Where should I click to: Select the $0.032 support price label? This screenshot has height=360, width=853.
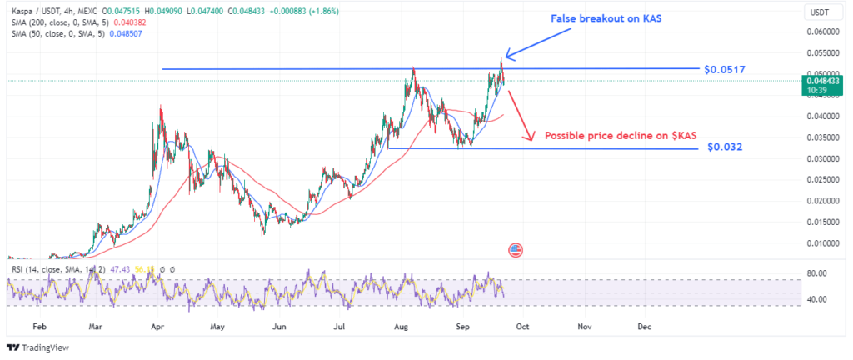pyautogui.click(x=724, y=147)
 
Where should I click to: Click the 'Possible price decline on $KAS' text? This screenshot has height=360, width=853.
pyautogui.click(x=620, y=134)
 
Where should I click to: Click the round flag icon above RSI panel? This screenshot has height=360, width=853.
pyautogui.click(x=515, y=249)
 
